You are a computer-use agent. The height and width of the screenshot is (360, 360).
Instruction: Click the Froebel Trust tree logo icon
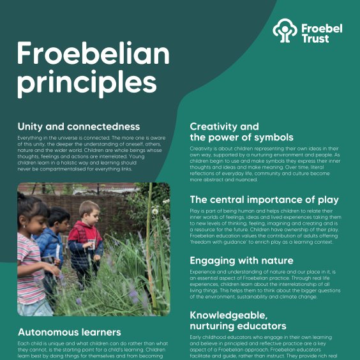(x=285, y=31)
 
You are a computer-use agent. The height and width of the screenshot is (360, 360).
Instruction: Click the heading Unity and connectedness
(x=79, y=126)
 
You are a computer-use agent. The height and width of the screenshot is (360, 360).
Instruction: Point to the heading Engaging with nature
(x=241, y=260)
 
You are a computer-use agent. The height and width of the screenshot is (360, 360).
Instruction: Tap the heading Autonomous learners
(x=69, y=332)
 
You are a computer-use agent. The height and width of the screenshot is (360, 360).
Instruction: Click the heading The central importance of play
(x=264, y=200)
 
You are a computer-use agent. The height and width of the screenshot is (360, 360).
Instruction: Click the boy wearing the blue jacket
(x=52, y=243)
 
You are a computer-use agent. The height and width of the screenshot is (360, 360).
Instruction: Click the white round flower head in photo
(x=154, y=211)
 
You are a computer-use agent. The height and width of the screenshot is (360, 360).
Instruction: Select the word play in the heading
(x=329, y=200)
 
